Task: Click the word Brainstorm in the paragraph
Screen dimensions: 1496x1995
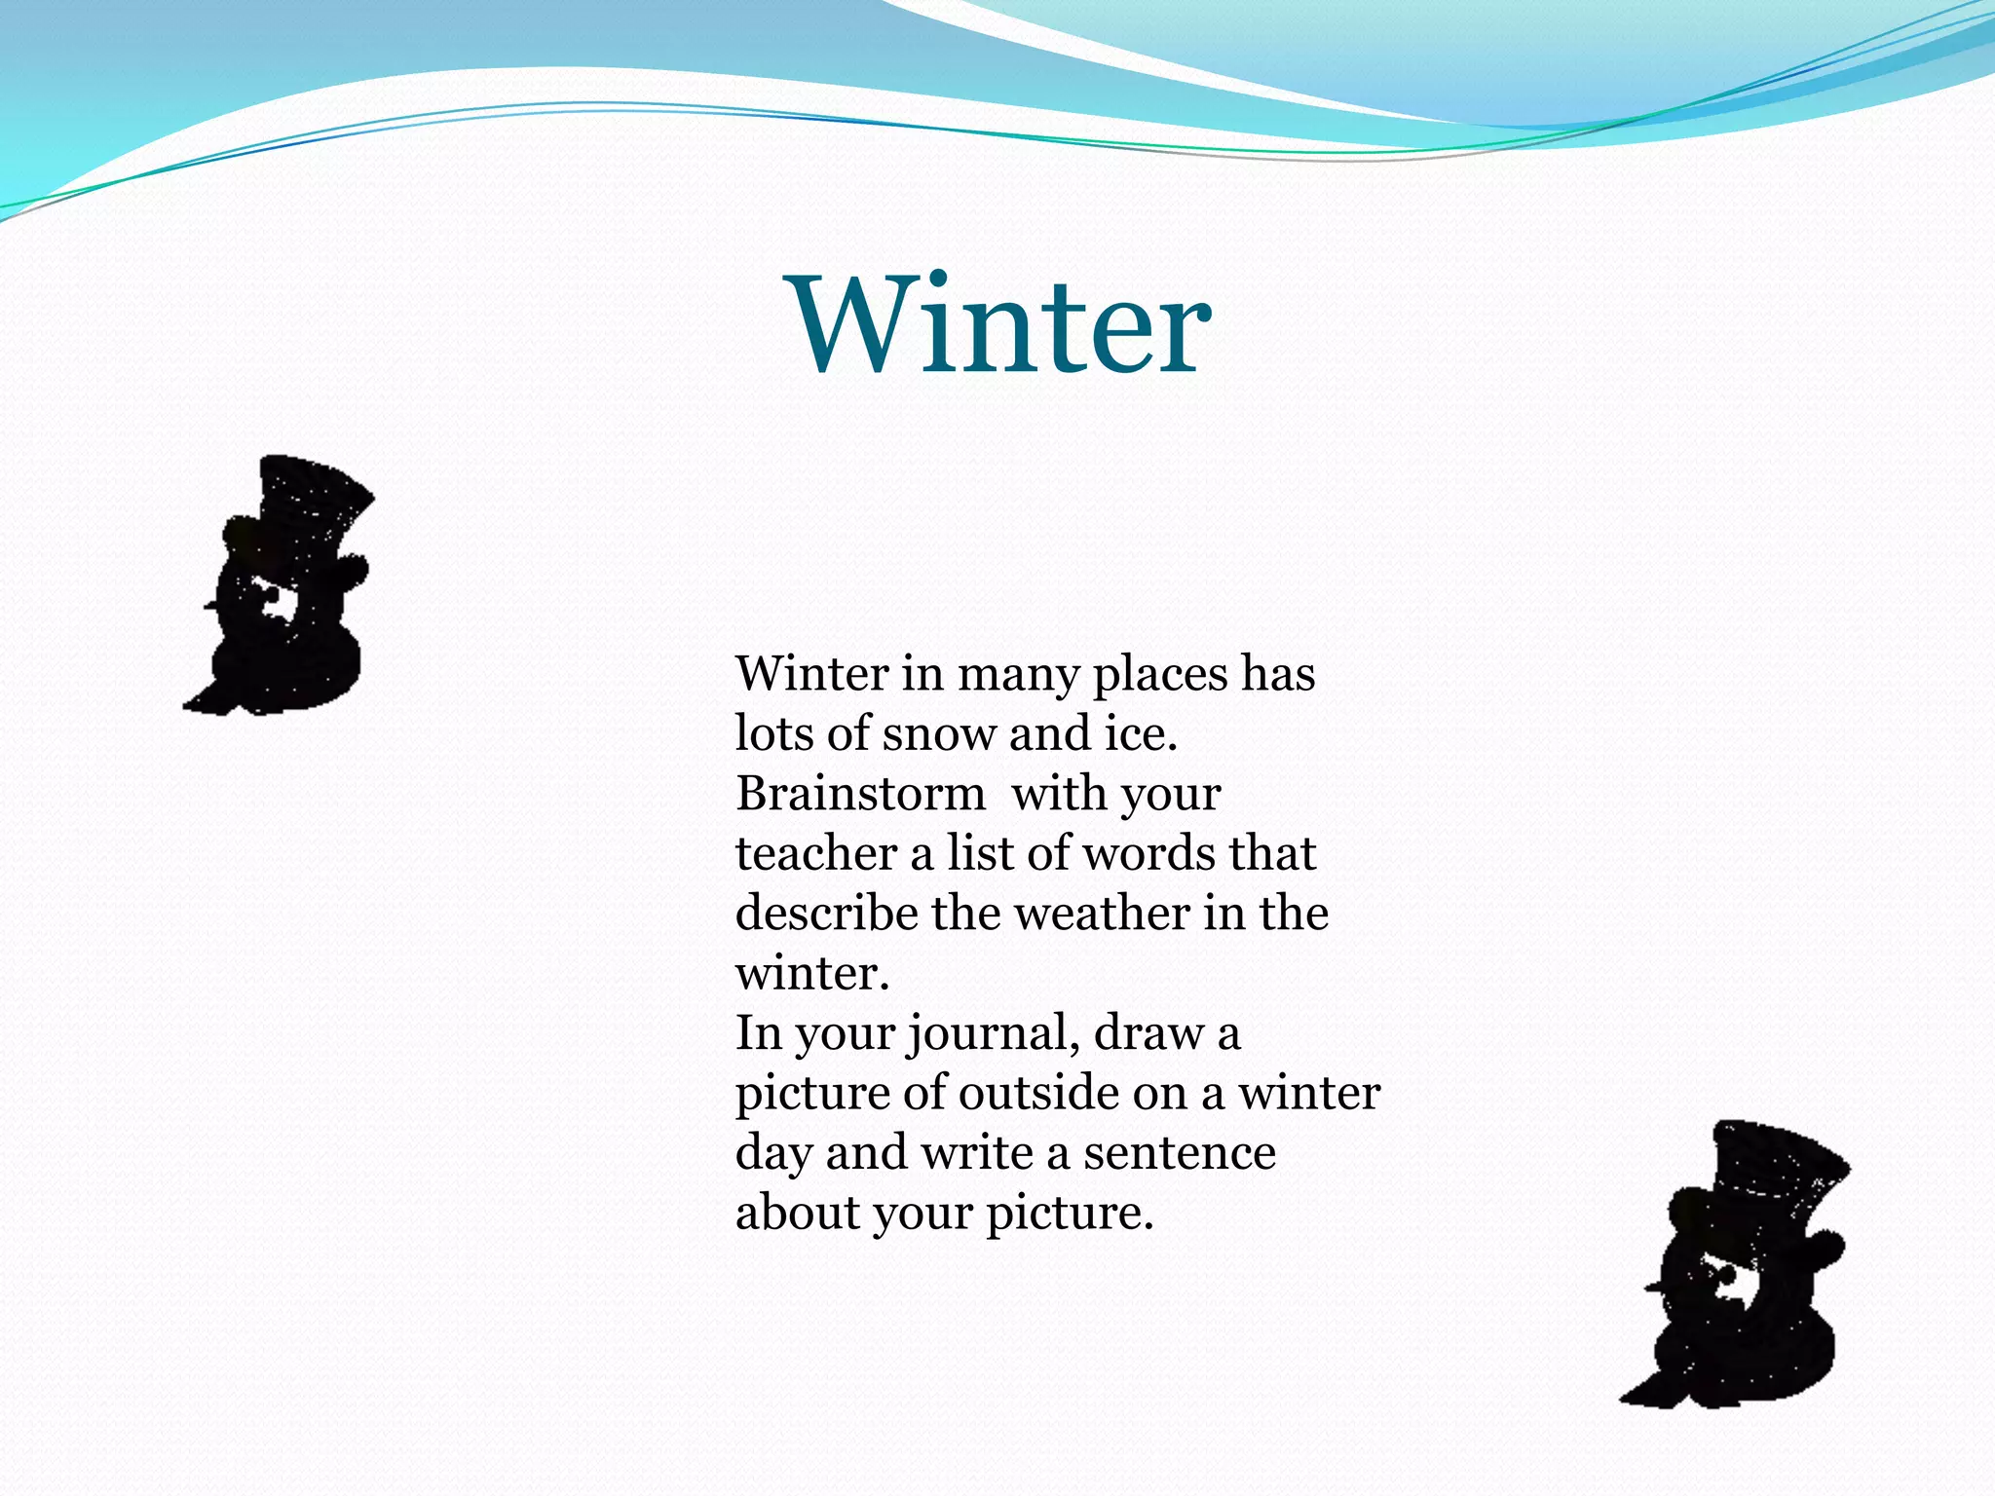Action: (x=860, y=794)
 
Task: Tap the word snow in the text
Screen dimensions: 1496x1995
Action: (x=940, y=734)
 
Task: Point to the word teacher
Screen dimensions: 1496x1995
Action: (x=815, y=854)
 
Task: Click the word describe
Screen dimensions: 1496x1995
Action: (x=826, y=914)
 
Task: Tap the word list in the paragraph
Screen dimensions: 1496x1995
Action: (x=982, y=853)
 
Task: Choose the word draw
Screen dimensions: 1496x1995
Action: (x=1148, y=1033)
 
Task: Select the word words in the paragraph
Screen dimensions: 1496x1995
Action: (x=1149, y=853)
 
